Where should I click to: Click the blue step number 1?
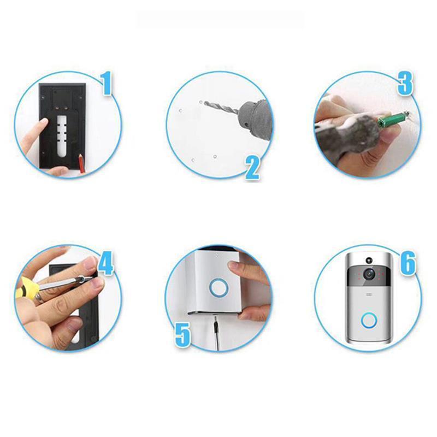point(106,84)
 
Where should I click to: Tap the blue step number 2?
point(252,168)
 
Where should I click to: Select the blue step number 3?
point(405,84)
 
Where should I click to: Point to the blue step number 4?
point(105,263)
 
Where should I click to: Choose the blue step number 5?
point(183,335)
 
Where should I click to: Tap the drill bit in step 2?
point(221,107)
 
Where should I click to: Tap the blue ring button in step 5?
point(219,287)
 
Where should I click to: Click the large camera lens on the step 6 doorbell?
point(370,274)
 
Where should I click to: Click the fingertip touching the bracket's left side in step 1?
point(43,123)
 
